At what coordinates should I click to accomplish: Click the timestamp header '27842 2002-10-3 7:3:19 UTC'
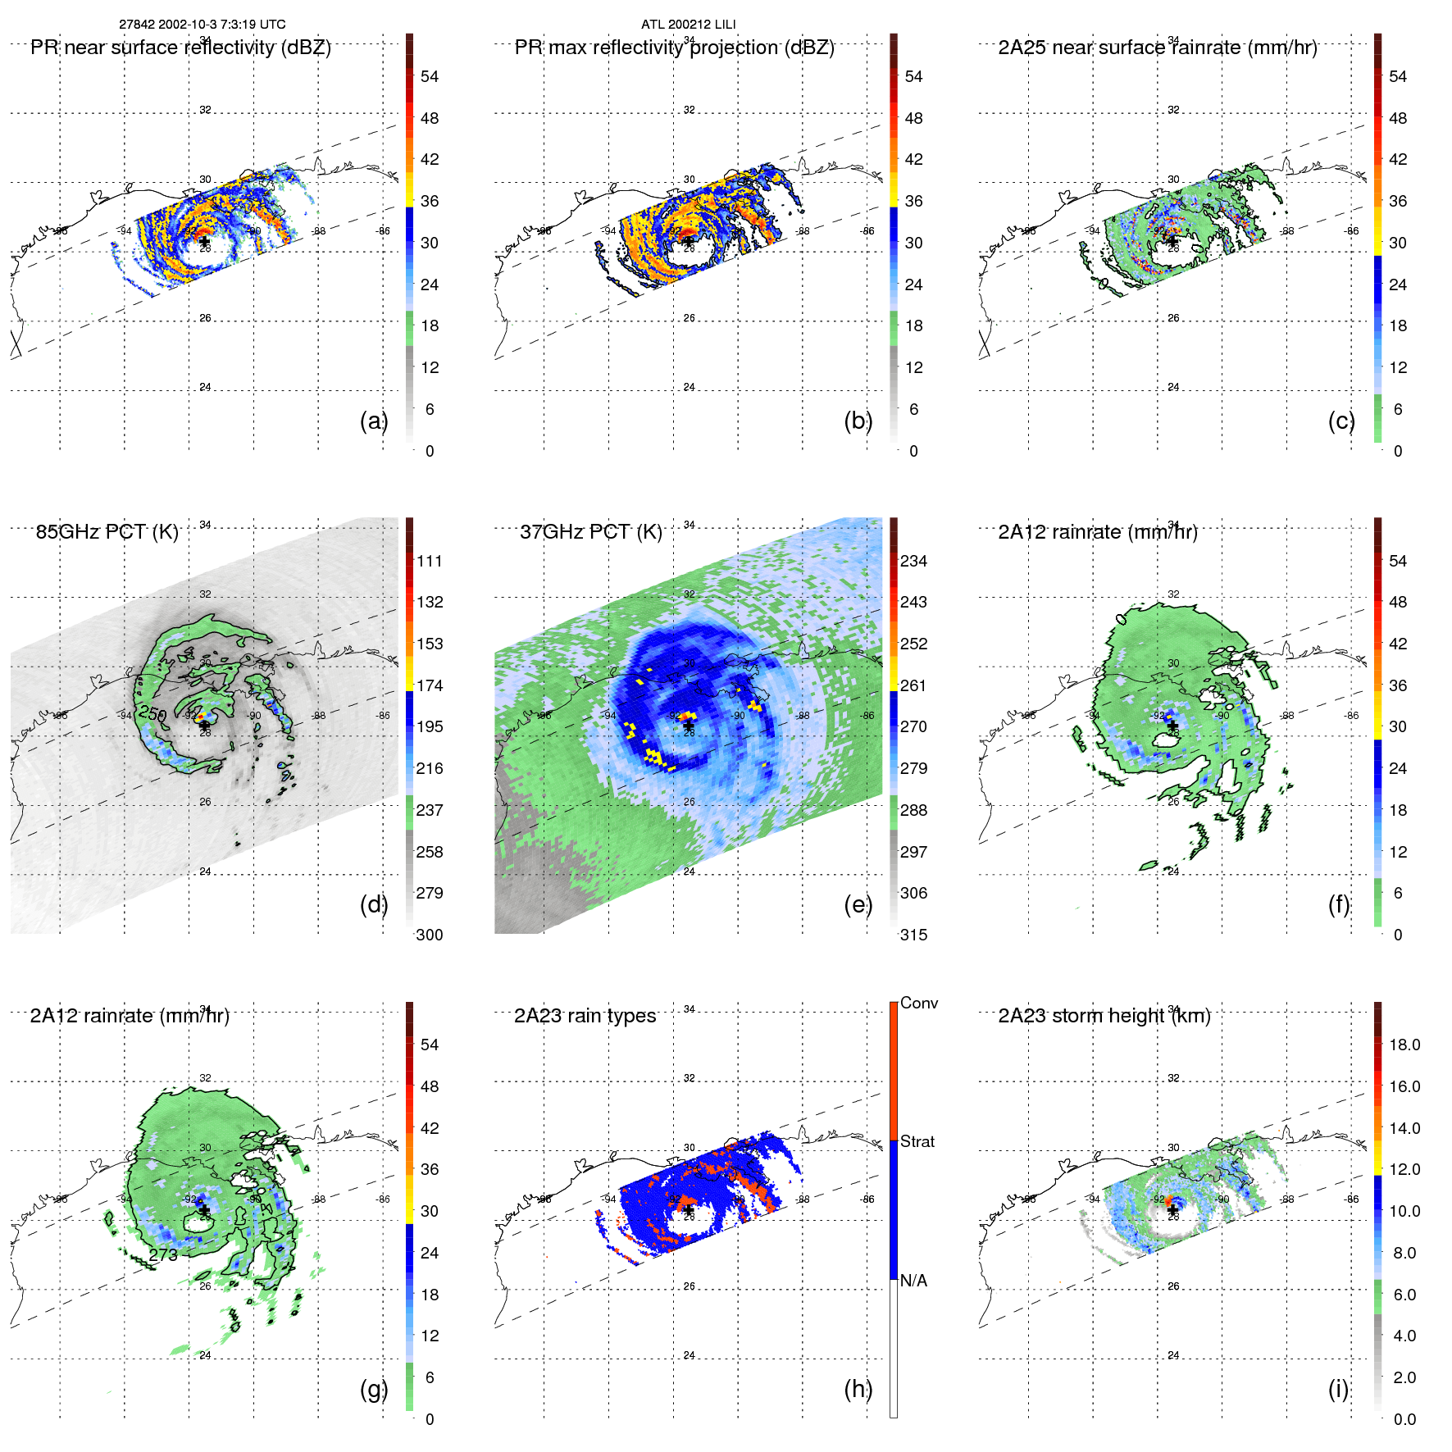[x=202, y=25]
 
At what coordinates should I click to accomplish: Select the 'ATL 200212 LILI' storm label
[x=688, y=25]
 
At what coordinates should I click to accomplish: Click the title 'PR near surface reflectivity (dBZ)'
[x=180, y=48]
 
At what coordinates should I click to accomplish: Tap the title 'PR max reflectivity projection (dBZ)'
[x=674, y=48]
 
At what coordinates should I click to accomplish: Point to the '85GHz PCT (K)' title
[x=107, y=532]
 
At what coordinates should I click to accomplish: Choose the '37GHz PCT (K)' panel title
[x=590, y=532]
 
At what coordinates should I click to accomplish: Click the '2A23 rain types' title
[x=585, y=1016]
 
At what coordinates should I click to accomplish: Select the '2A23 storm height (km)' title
[x=1104, y=1016]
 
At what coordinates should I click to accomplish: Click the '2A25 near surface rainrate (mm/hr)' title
[x=1157, y=48]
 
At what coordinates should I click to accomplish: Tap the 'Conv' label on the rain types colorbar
[x=918, y=1004]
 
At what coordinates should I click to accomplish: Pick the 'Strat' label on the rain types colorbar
[x=917, y=1141]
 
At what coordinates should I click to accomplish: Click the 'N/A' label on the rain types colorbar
[x=913, y=1281]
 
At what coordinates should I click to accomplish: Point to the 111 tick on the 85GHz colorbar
[x=429, y=562]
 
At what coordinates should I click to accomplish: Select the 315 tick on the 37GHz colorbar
[x=913, y=935]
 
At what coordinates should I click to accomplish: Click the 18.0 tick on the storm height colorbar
[x=1404, y=1045]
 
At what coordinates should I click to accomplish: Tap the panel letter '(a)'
[x=373, y=421]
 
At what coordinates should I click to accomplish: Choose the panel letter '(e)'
[x=858, y=904]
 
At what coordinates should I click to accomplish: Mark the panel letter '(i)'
[x=1338, y=1389]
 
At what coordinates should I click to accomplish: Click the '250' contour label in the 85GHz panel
[x=152, y=713]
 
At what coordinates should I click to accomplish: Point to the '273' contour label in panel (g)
[x=163, y=1254]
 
